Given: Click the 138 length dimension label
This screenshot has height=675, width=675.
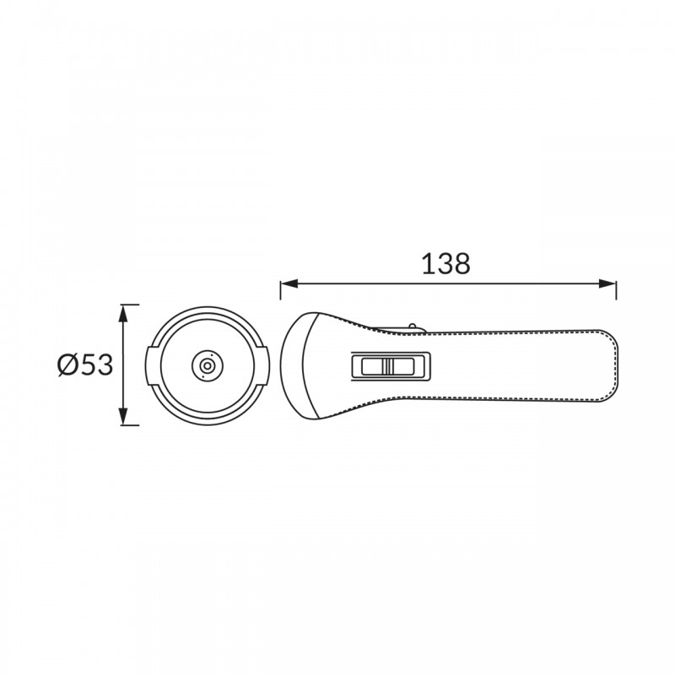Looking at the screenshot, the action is [x=445, y=264].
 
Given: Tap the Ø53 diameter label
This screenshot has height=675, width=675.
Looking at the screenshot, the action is [x=85, y=365].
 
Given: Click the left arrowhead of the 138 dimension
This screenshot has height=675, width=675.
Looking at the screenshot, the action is [x=289, y=283].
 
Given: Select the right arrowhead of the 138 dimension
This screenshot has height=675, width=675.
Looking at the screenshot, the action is [x=607, y=283].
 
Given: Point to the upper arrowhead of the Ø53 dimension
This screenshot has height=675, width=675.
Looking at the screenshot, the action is [x=123, y=313].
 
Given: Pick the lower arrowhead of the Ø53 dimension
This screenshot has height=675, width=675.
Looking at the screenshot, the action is [x=123, y=416].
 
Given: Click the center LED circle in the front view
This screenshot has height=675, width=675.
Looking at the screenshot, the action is [x=207, y=366].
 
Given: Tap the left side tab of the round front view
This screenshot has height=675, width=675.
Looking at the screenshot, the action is [x=151, y=365].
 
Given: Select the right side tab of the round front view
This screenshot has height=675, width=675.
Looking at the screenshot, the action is [x=263, y=365].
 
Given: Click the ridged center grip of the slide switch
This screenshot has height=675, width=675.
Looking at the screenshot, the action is [x=388, y=366].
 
